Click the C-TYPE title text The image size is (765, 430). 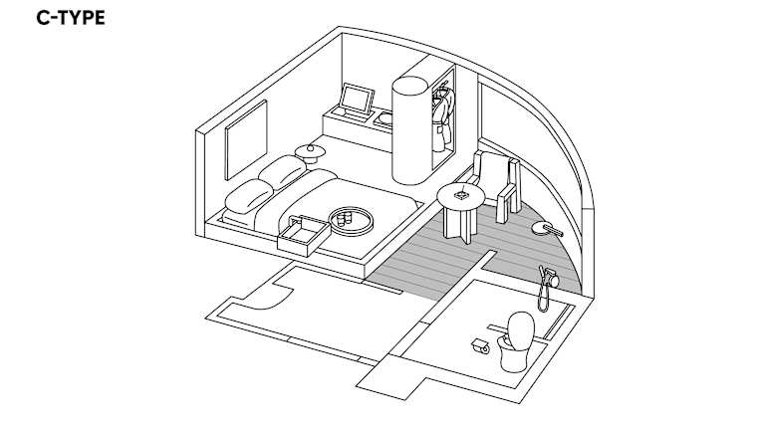71,18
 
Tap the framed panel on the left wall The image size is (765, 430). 246,139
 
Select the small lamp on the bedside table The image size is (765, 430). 310,148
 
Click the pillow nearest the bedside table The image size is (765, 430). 282,171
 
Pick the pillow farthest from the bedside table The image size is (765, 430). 249,196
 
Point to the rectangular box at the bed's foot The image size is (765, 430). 304,236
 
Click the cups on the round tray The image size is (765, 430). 345,217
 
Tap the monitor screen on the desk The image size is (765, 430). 357,100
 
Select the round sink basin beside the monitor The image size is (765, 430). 385,118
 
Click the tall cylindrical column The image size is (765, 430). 410,130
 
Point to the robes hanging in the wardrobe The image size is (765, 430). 443,117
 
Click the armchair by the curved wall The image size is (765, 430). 497,184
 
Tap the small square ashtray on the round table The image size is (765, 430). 461,196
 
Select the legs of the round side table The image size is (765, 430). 458,224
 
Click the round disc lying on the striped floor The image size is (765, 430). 542,228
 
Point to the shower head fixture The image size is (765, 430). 550,276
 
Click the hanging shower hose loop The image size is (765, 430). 543,298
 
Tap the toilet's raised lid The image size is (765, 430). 521,331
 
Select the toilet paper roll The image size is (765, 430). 481,346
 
